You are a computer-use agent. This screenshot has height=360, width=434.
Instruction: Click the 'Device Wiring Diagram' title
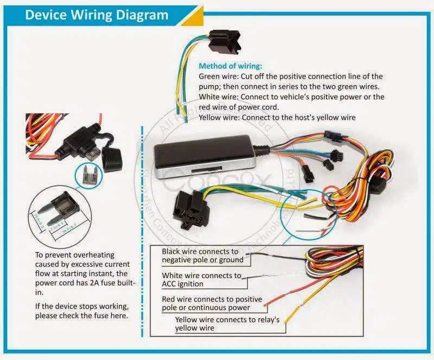[97, 15]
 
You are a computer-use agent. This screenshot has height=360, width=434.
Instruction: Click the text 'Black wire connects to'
[200, 252]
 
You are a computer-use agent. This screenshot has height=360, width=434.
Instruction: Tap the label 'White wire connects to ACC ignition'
[202, 280]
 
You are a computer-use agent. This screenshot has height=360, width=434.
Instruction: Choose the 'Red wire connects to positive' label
[212, 299]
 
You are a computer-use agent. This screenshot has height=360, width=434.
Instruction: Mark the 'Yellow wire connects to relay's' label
[227, 320]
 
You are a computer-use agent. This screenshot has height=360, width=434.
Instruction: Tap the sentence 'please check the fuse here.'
[81, 316]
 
